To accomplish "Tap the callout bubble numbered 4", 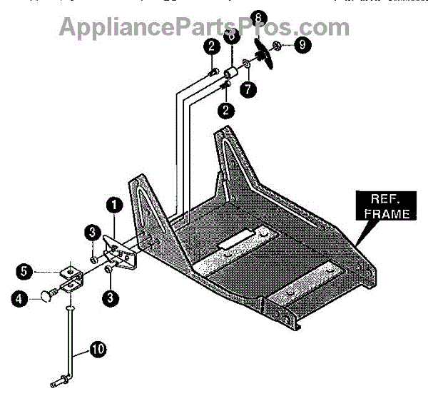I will (x=24, y=299).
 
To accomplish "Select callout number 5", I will (x=24, y=272).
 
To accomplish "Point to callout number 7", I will (x=248, y=91).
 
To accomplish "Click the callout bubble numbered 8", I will (x=258, y=16).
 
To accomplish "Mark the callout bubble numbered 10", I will (x=96, y=350).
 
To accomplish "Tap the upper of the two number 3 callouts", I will (x=93, y=233).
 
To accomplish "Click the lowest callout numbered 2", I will (x=228, y=110).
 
